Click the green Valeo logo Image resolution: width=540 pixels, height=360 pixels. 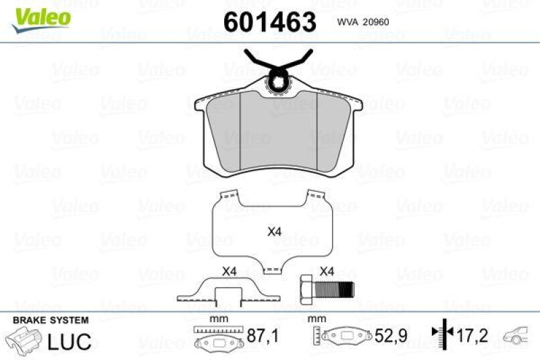[x=41, y=20]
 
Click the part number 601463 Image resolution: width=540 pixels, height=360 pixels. [x=269, y=22]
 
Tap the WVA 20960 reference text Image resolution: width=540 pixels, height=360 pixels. [x=363, y=22]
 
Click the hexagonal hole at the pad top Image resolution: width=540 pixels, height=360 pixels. [x=278, y=82]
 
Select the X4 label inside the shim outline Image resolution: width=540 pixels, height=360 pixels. [x=275, y=232]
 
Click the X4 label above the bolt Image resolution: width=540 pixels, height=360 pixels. [x=327, y=272]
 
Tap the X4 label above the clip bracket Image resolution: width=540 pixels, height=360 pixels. [x=230, y=272]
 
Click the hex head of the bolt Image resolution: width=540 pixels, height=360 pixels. [x=307, y=290]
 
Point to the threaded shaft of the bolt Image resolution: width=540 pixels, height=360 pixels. [x=333, y=290]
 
